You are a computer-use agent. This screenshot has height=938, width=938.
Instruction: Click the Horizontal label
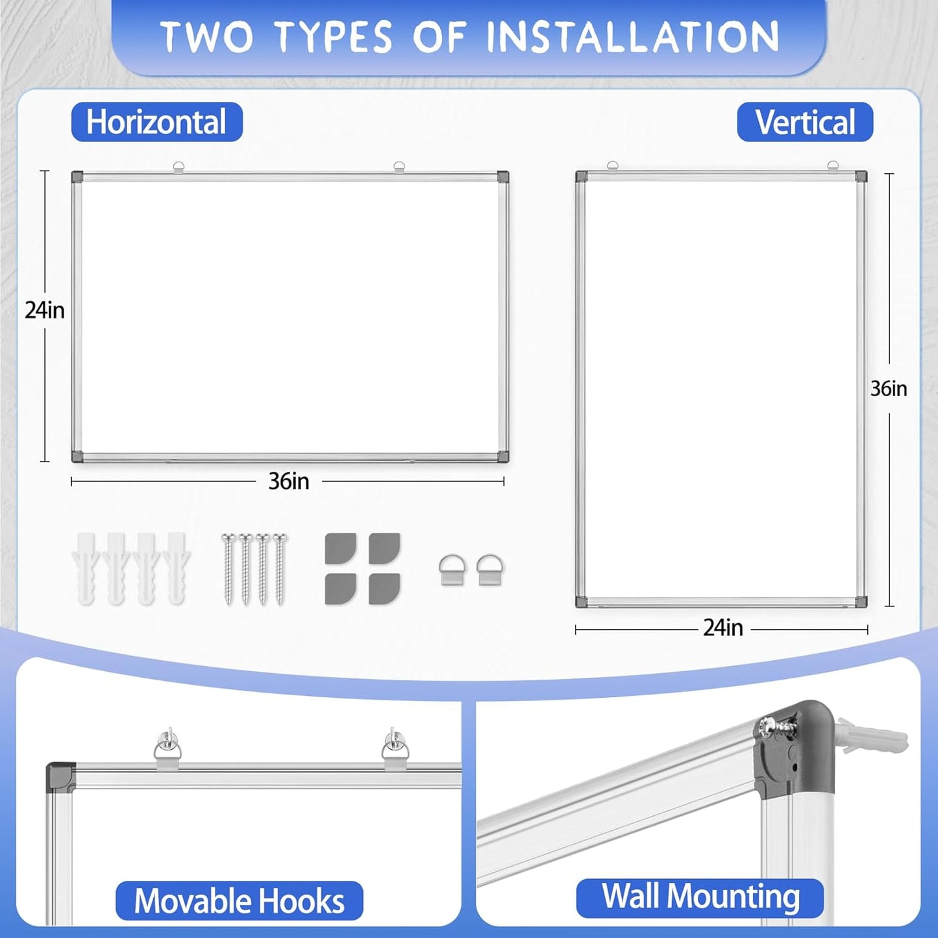[156, 122]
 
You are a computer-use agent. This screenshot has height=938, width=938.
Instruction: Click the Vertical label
[805, 122]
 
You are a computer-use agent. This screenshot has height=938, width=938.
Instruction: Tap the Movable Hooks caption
[239, 901]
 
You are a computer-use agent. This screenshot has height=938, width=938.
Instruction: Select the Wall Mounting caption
[700, 897]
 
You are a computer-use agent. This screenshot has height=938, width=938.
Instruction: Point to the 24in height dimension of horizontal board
[45, 310]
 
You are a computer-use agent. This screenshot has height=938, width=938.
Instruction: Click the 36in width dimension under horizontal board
[289, 481]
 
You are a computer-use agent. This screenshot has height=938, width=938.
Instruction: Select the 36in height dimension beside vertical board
[889, 388]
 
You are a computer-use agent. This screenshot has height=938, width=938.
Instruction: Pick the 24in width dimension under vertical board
[722, 628]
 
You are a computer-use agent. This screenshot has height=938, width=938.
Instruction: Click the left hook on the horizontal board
[179, 167]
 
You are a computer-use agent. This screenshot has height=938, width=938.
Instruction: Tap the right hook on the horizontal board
[399, 167]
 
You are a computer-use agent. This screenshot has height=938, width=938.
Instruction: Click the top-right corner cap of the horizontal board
[502, 177]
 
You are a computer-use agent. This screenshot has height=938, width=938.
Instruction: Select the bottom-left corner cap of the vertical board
[582, 602]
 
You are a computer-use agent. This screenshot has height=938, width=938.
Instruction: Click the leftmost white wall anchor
[86, 568]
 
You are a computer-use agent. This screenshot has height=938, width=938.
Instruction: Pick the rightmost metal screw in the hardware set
[280, 568]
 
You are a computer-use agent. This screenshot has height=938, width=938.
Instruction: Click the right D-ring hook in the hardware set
[489, 570]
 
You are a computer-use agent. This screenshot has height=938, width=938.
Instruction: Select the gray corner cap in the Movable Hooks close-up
[60, 776]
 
